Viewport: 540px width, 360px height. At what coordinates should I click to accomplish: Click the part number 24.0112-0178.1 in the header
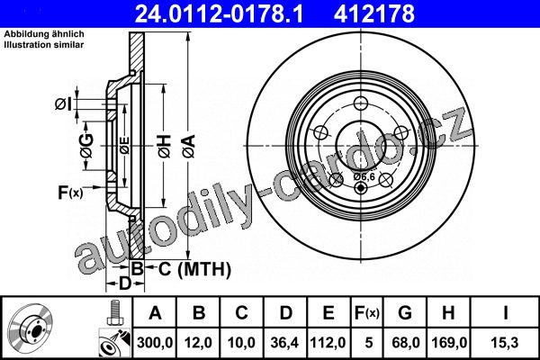pyautogui.click(x=219, y=13)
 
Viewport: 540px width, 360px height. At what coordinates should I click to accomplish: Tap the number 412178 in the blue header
pyautogui.click(x=374, y=13)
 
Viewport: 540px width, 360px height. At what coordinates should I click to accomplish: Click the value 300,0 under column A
pyautogui.click(x=155, y=343)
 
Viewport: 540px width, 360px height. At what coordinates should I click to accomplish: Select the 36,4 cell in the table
pyautogui.click(x=284, y=343)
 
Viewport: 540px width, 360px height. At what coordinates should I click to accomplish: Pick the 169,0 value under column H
pyautogui.click(x=449, y=343)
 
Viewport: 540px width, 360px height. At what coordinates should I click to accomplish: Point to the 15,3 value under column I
pyautogui.click(x=505, y=343)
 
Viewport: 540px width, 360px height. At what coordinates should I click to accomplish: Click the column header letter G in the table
pyautogui.click(x=405, y=313)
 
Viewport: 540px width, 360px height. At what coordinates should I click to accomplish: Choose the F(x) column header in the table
pyautogui.click(x=367, y=313)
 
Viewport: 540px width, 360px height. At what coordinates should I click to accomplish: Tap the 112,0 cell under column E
pyautogui.click(x=328, y=343)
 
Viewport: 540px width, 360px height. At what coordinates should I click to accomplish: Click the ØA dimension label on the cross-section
pyautogui.click(x=189, y=147)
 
